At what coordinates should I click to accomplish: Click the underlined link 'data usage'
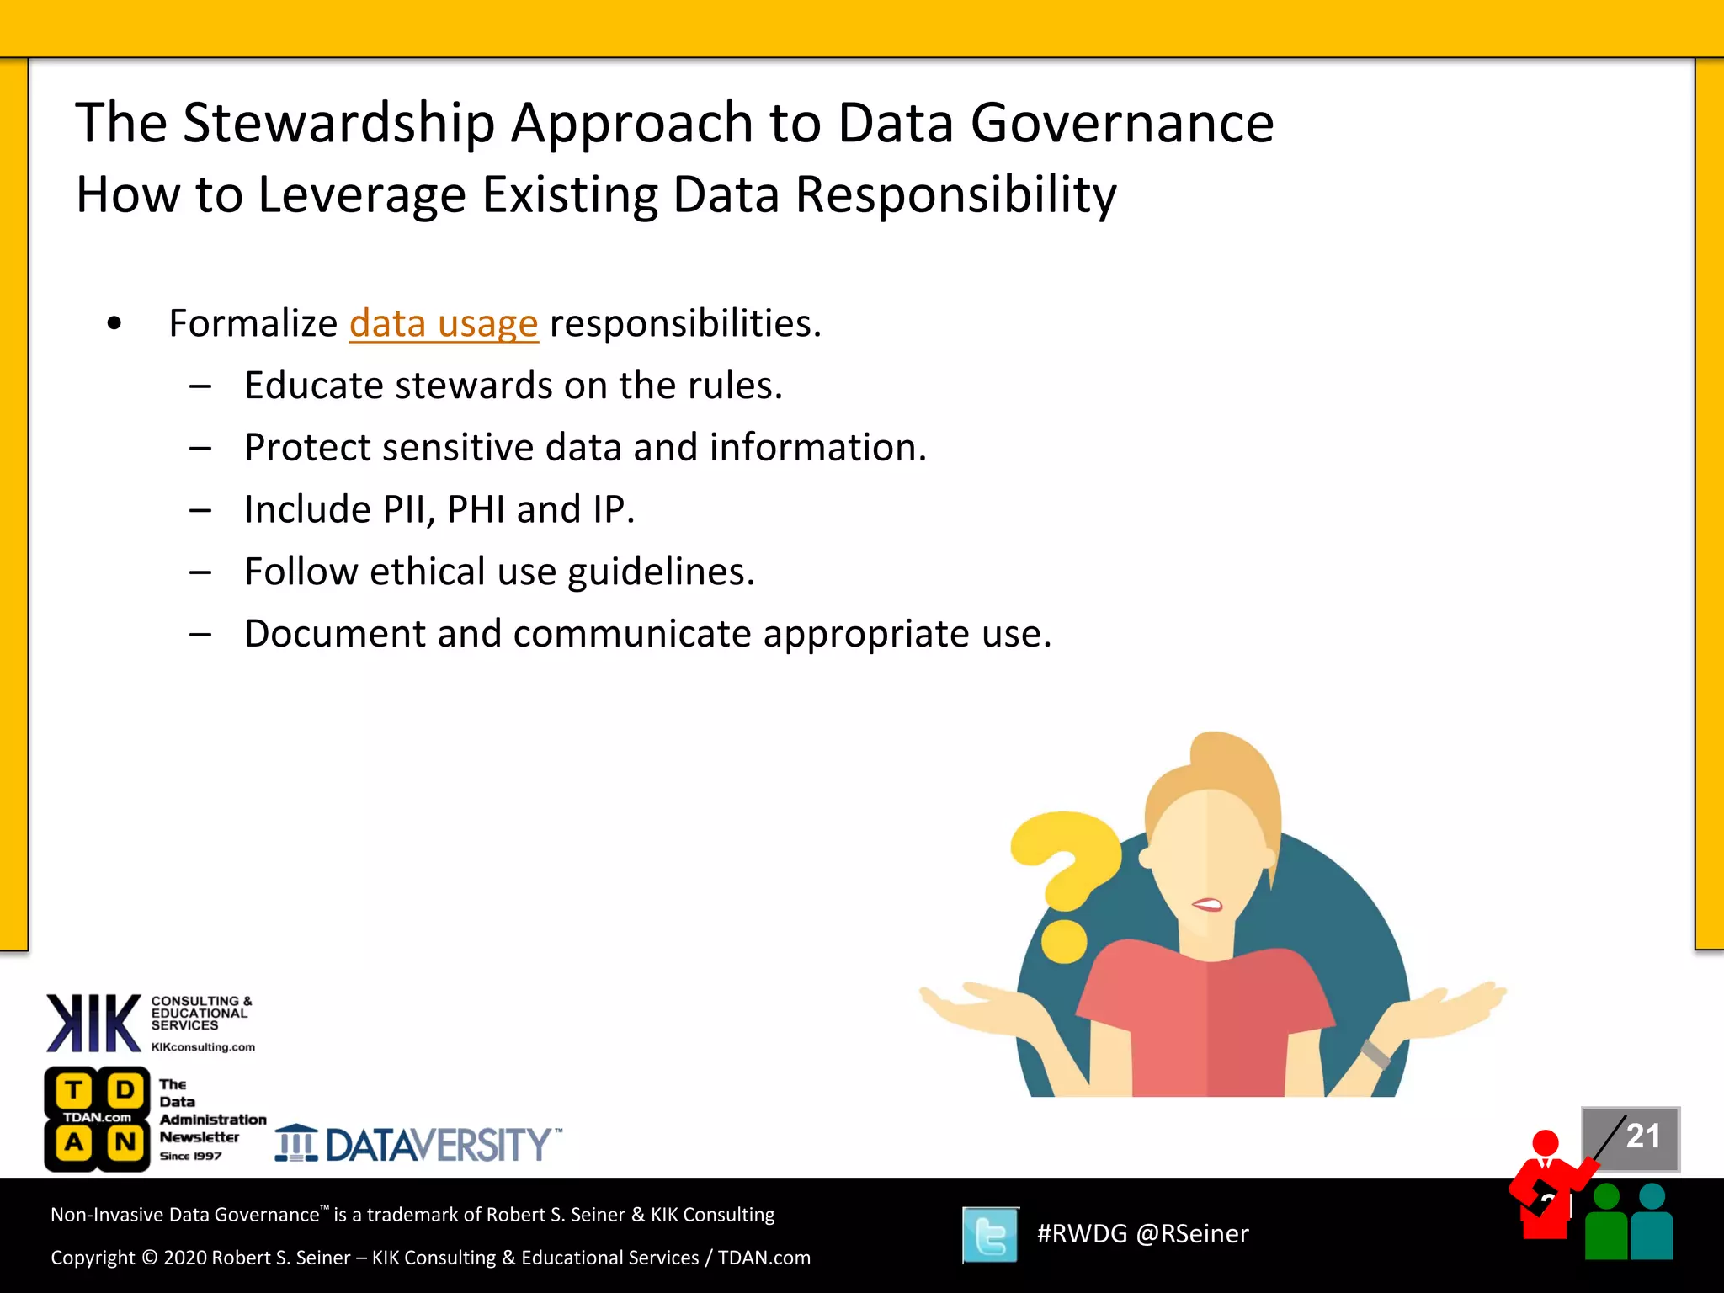click(443, 324)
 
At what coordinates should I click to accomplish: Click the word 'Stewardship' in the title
click(338, 124)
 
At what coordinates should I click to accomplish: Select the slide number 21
click(1642, 1136)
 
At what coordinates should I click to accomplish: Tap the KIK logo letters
click(93, 1024)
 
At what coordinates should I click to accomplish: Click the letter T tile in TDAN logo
click(74, 1090)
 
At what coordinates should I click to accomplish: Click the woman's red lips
click(1207, 905)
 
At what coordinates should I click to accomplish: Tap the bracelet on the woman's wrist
click(1375, 1054)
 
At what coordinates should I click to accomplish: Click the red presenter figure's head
click(1546, 1143)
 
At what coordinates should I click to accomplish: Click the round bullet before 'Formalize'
click(114, 323)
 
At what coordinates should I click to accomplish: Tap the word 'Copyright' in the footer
click(93, 1258)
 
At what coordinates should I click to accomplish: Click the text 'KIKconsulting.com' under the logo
click(203, 1047)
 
